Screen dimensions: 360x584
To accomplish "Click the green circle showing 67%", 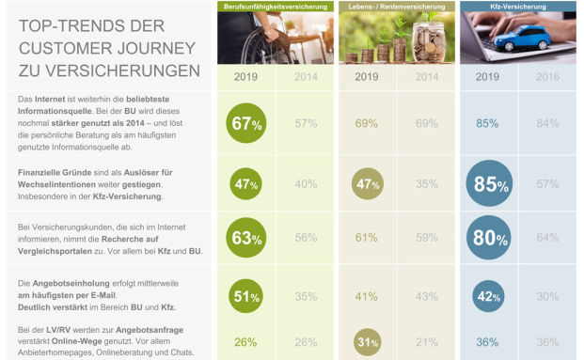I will [246, 124].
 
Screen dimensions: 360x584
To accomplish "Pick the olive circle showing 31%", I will [368, 342].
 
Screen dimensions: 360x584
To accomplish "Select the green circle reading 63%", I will [246, 239].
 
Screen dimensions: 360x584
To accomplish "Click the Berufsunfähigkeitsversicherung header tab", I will [275, 7].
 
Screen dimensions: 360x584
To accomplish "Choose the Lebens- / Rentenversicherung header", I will [395, 7].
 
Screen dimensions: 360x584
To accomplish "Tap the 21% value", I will [427, 342].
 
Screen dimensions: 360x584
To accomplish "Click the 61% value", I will [367, 239].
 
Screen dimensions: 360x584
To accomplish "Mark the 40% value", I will [306, 184].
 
